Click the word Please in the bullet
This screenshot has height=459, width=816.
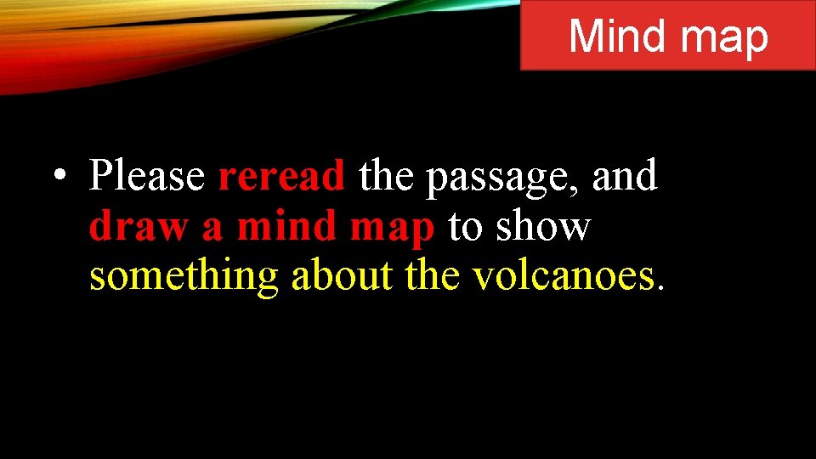tap(147, 177)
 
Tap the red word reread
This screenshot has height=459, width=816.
tap(281, 177)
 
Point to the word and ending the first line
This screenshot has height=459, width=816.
tap(626, 177)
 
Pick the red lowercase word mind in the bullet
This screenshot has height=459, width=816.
tap(280, 226)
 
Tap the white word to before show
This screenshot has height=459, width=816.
tap(466, 227)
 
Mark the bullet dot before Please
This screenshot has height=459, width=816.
tap(58, 178)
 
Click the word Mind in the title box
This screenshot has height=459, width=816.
tap(618, 37)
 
